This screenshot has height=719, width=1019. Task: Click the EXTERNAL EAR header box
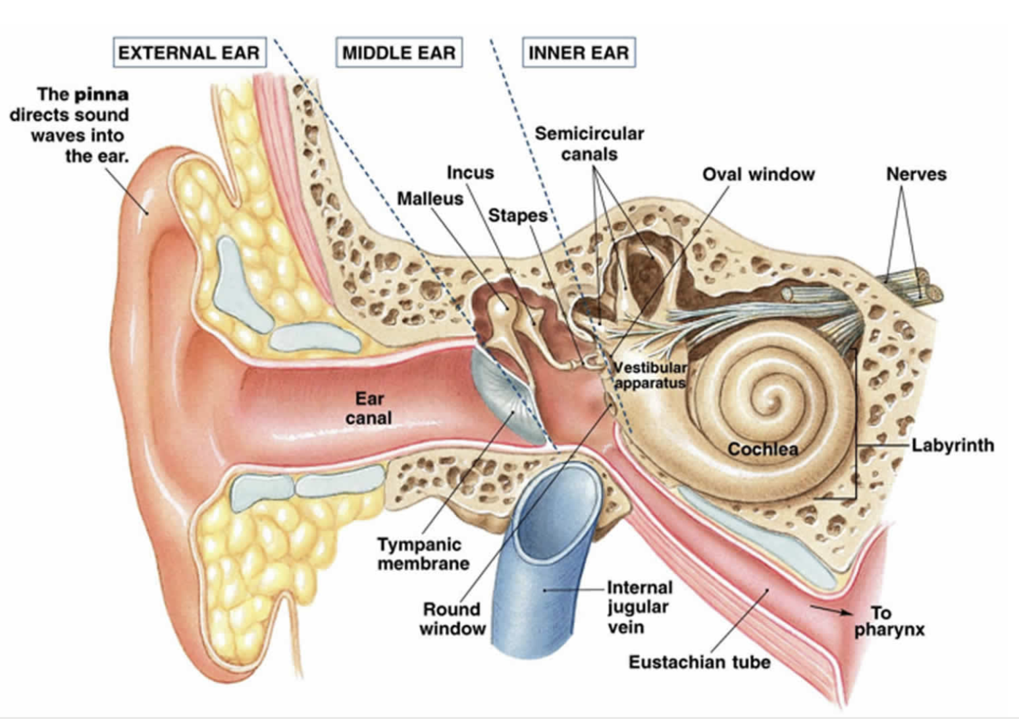click(x=190, y=53)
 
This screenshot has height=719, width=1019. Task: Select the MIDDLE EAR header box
click(x=399, y=53)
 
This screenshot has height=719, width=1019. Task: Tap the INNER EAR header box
click(x=579, y=53)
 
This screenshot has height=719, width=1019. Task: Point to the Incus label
click(x=470, y=173)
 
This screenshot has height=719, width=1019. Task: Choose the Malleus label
click(x=430, y=198)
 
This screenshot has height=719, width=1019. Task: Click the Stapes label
click(x=517, y=215)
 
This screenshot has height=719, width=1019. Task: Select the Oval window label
click(x=758, y=174)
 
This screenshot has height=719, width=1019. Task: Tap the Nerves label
click(x=916, y=174)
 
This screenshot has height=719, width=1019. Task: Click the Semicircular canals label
click(x=589, y=144)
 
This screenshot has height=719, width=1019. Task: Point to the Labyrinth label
click(x=953, y=445)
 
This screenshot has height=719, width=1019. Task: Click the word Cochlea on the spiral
click(x=763, y=449)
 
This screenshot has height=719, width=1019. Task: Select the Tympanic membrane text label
click(x=423, y=554)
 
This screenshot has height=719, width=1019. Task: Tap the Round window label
click(x=452, y=618)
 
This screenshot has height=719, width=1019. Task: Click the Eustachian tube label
click(x=699, y=662)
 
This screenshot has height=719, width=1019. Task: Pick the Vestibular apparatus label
click(x=650, y=375)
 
